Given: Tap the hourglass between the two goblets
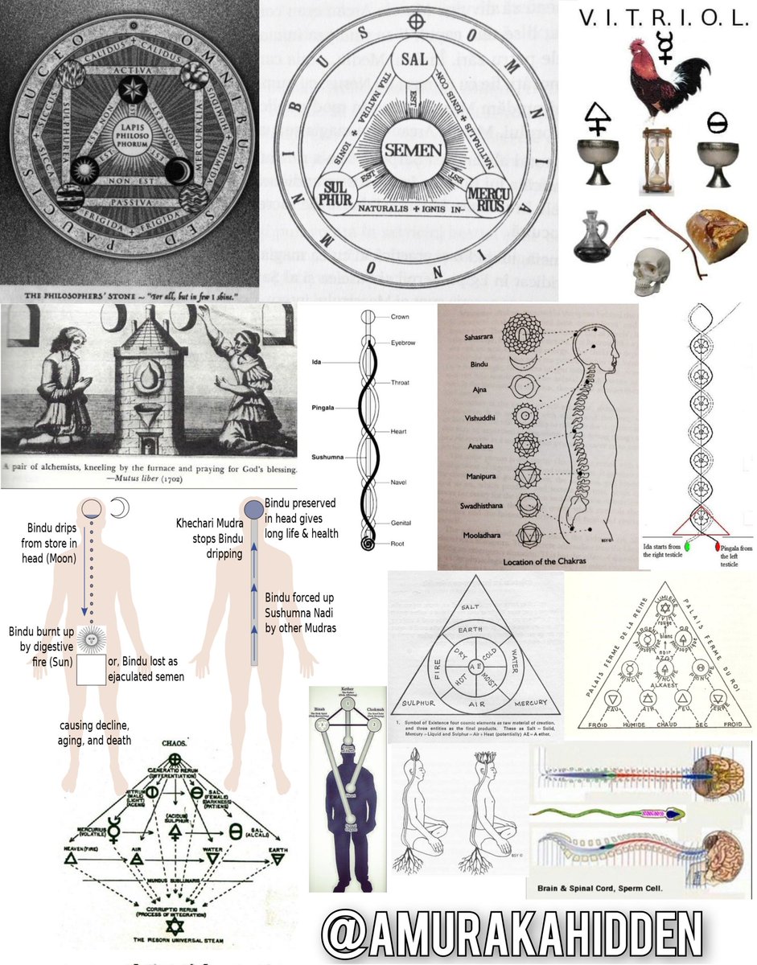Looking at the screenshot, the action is pyautogui.click(x=656, y=161).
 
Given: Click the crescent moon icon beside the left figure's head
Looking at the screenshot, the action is pyautogui.click(x=119, y=509).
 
